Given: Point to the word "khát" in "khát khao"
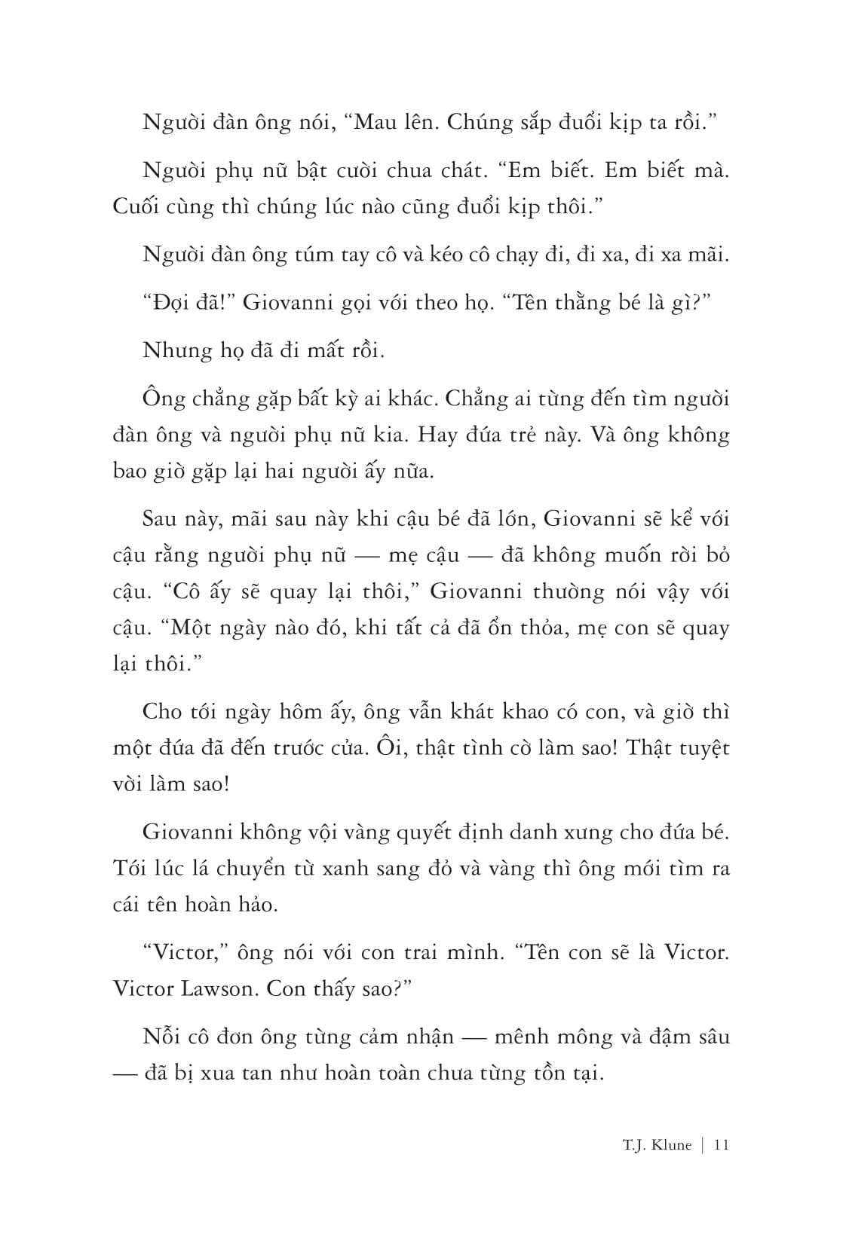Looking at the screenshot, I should pyautogui.click(x=474, y=712).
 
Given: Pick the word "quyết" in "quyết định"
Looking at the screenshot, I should pyautogui.click(x=437, y=832).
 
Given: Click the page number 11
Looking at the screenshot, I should pyautogui.click(x=720, y=1145).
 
